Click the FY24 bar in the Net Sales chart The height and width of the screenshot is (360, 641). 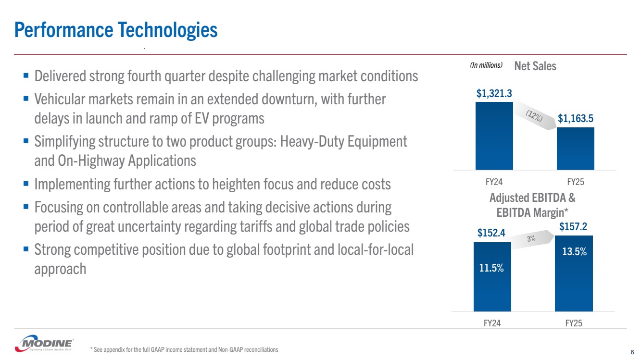point(494,136)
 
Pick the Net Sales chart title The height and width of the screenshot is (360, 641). point(535,66)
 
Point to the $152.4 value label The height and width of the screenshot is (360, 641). point(491,234)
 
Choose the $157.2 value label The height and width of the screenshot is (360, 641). point(573,226)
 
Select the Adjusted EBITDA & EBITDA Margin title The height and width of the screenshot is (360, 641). point(532,204)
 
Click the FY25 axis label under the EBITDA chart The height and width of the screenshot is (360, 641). point(574,323)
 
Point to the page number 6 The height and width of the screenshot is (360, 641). point(631,351)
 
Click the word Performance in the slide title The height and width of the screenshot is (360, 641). point(63,30)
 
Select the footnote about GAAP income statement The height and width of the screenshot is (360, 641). point(184,349)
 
